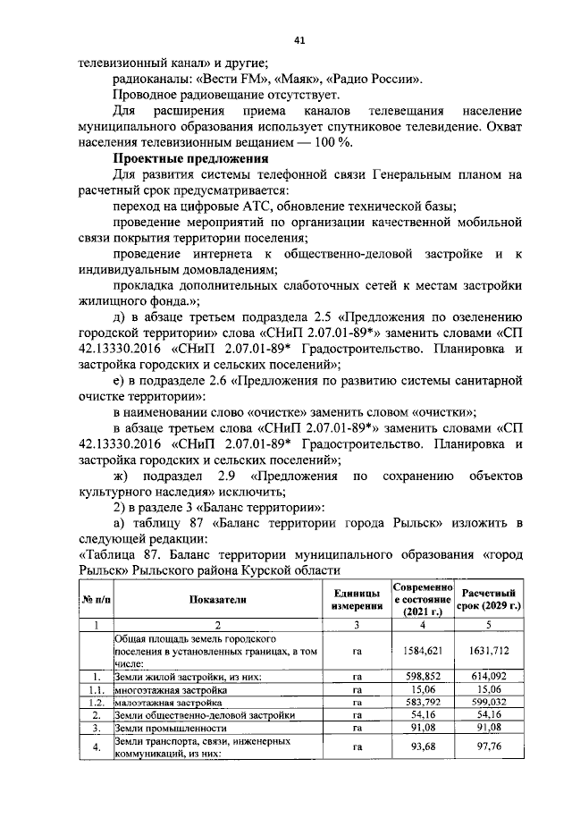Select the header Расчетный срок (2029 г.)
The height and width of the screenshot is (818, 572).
pos(491,600)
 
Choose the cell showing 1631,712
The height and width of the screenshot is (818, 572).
pos(491,652)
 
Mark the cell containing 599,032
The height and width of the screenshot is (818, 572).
pos(491,703)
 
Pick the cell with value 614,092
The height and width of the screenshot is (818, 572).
pos(491,677)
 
